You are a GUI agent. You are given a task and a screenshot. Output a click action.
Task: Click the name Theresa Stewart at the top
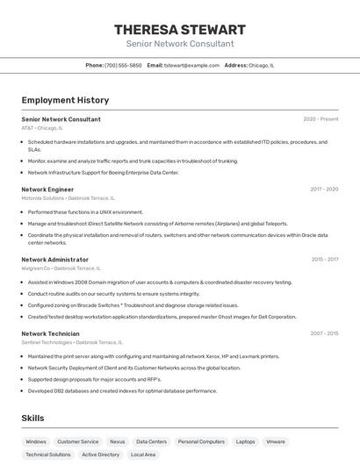point(180,30)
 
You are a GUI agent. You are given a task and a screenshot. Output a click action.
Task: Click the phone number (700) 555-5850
point(123,65)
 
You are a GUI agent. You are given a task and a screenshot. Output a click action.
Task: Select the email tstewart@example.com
point(191,65)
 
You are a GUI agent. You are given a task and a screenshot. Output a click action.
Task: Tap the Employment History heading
point(65,100)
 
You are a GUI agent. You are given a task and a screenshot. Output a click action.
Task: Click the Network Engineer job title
point(47,190)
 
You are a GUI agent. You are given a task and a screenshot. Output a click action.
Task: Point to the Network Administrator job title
point(54,260)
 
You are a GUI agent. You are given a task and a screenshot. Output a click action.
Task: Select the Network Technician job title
point(50,333)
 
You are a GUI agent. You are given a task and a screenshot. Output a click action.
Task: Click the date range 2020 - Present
point(320,119)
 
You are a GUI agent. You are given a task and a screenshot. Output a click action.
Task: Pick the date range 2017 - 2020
point(324,190)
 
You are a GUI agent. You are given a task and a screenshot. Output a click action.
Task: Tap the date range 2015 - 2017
point(324,260)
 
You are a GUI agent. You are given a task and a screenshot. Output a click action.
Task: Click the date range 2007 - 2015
point(324,333)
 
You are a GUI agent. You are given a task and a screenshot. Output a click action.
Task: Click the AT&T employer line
point(42,128)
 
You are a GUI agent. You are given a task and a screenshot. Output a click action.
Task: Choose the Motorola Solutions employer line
point(68,198)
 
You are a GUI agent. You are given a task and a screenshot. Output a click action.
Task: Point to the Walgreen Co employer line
point(61,268)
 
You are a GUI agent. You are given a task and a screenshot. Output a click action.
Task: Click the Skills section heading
point(33,418)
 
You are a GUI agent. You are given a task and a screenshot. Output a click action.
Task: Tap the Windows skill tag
point(36,442)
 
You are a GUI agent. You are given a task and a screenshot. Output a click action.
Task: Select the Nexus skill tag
point(117,442)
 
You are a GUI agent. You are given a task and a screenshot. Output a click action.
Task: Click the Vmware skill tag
point(276,442)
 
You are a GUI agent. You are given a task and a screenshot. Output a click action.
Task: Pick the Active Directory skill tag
point(100,454)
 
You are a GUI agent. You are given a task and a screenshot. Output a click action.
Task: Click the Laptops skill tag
point(246,442)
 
